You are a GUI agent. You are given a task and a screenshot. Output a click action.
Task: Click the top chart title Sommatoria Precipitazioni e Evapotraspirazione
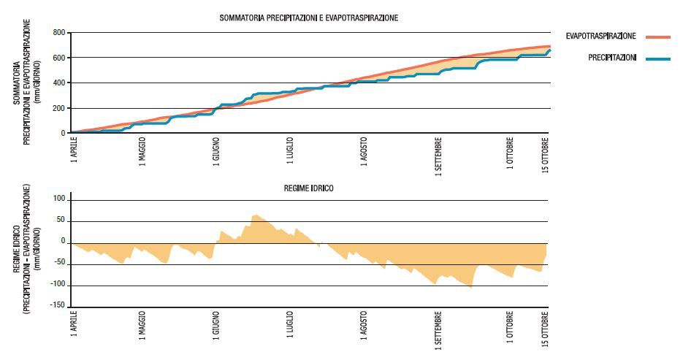(309, 17)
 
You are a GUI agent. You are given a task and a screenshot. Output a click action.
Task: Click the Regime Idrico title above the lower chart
(309, 188)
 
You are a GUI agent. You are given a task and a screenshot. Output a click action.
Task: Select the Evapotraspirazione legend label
(601, 36)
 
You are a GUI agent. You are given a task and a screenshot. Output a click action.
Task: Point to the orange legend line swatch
(658, 36)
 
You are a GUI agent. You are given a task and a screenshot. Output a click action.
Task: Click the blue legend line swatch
(658, 58)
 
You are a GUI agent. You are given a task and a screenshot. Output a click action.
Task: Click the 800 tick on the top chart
(59, 33)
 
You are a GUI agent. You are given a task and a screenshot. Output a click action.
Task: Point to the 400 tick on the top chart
(59, 83)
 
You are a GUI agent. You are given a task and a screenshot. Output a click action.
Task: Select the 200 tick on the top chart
(59, 108)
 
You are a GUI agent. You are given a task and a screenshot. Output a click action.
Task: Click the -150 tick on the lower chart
(58, 306)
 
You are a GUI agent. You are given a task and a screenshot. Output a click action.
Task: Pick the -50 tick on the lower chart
(59, 264)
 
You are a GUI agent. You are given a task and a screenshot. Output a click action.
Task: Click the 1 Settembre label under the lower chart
(439, 329)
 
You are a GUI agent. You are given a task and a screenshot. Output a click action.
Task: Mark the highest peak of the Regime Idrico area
(254, 215)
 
